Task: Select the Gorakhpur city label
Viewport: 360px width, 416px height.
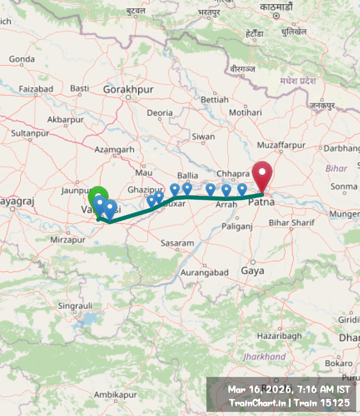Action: (128, 90)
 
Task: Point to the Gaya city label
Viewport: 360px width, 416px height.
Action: (253, 271)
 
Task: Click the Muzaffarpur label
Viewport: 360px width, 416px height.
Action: (281, 145)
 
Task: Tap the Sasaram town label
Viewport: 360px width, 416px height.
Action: (177, 243)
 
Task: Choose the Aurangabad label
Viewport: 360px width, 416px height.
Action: (204, 272)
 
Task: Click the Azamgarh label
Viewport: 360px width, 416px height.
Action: (114, 150)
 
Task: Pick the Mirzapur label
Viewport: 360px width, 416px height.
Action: (68, 240)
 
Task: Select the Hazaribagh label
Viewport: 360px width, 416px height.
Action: (279, 336)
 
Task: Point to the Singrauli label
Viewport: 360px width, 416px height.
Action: (75, 306)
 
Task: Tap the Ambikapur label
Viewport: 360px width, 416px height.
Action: (115, 395)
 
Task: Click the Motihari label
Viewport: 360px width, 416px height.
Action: (246, 112)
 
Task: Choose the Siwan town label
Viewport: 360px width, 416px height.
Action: (203, 137)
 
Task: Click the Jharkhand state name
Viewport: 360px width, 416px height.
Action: (264, 357)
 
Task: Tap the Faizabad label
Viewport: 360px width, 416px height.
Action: (36, 89)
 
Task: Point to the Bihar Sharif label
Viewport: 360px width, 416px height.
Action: (291, 223)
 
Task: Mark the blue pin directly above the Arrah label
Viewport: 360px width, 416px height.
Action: (226, 191)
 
